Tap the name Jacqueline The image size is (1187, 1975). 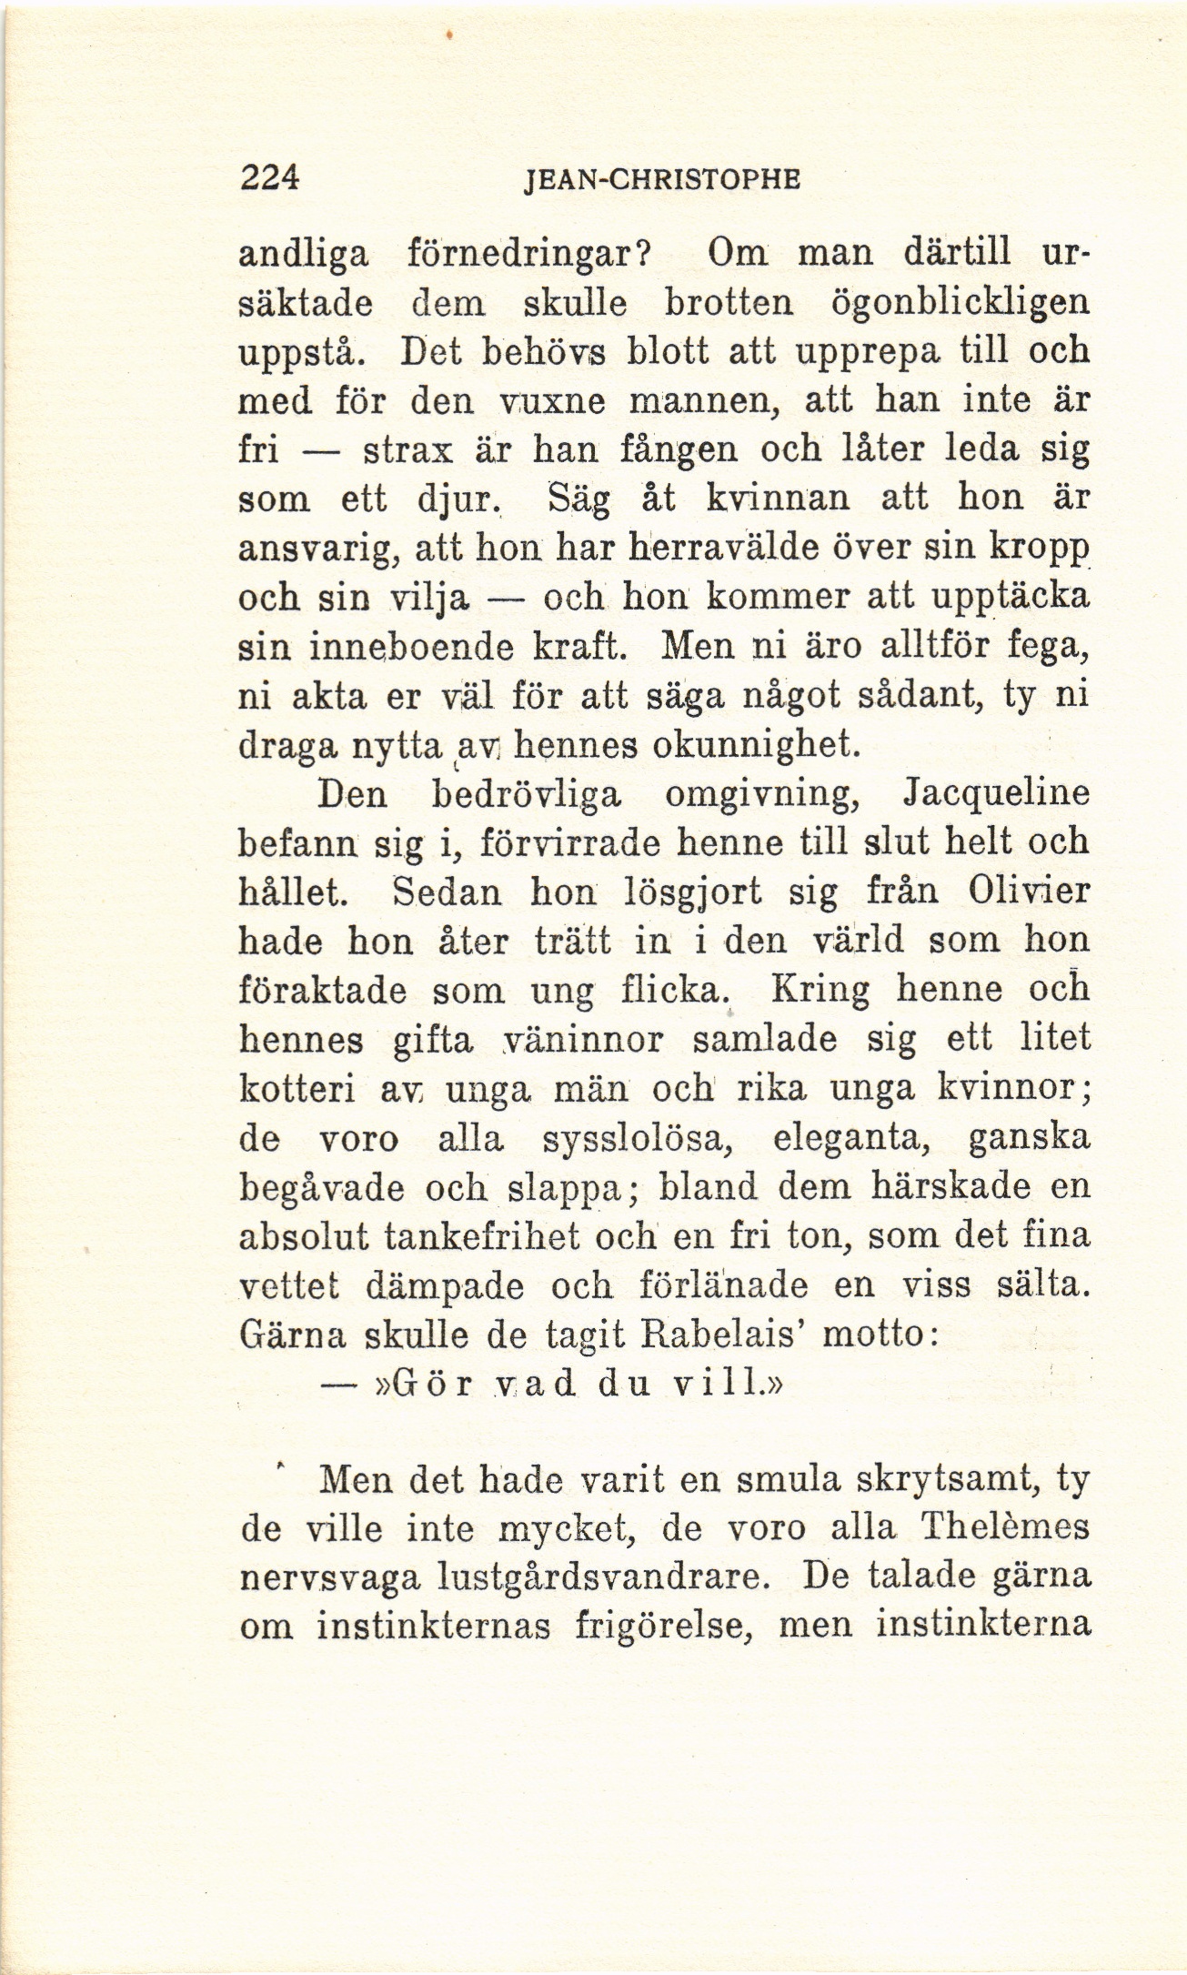point(996,794)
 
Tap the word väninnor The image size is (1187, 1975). point(585,1040)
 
